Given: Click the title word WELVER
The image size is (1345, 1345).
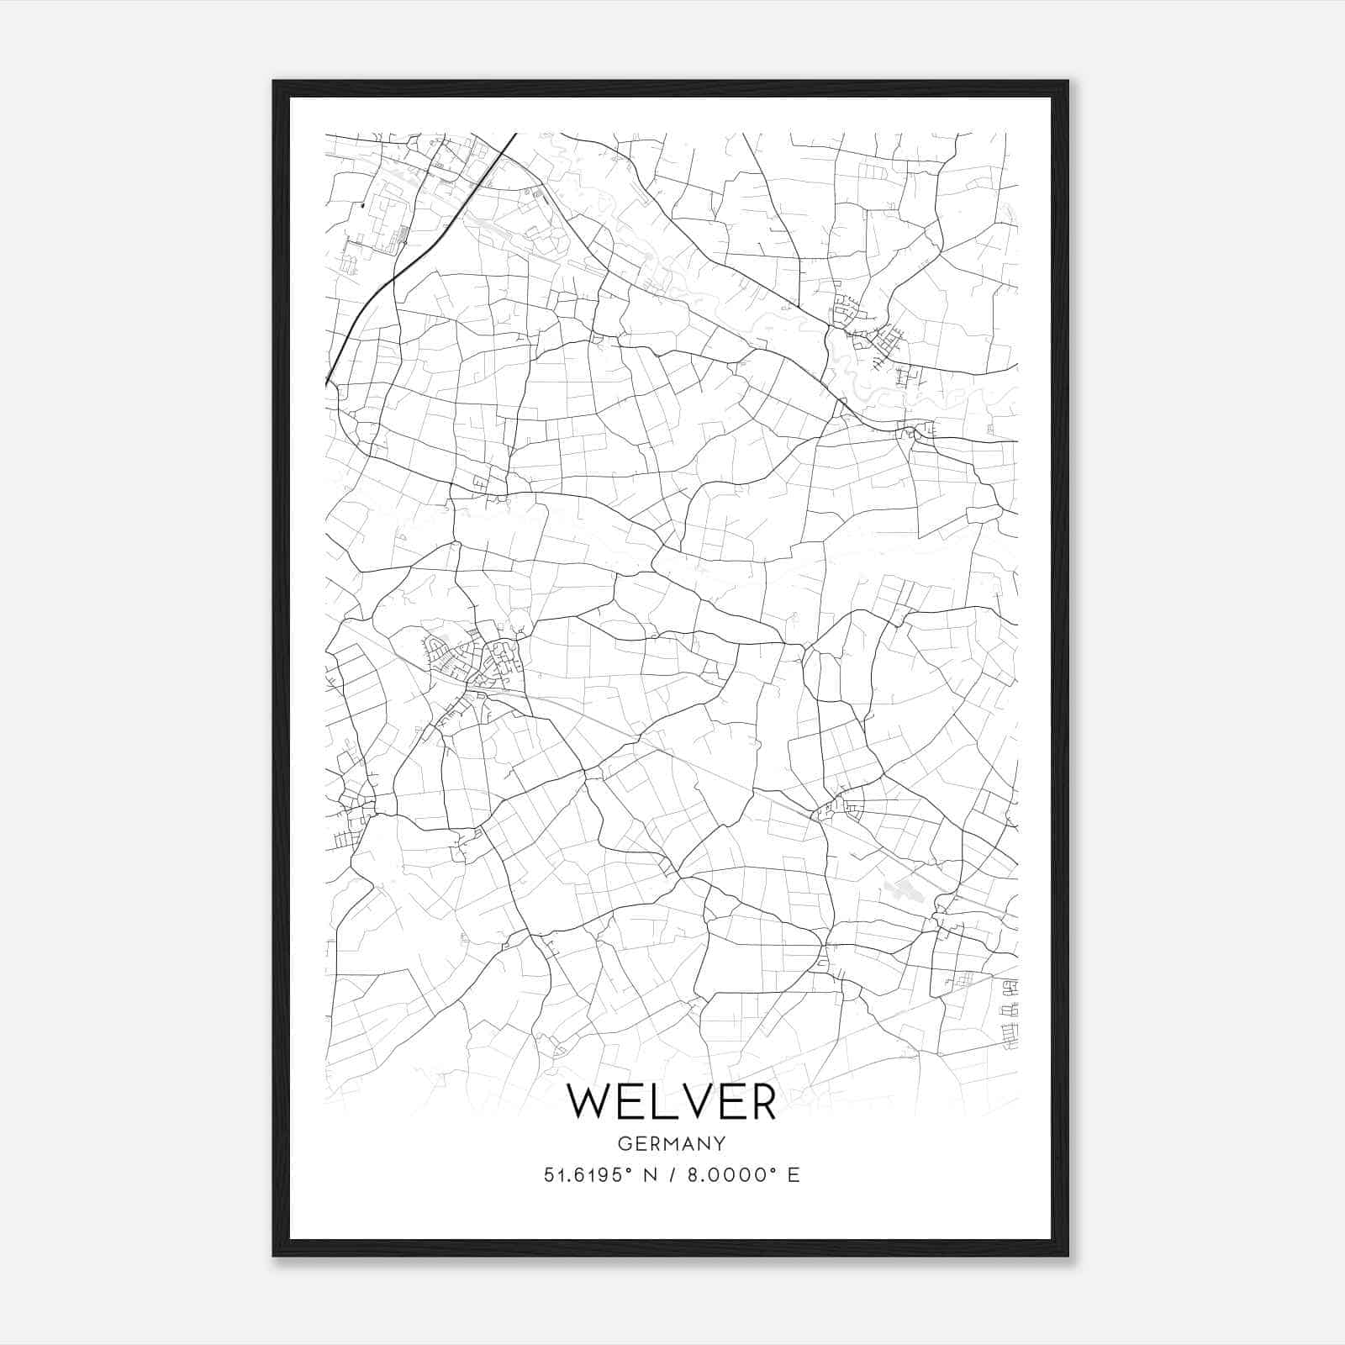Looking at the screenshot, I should (x=672, y=1101).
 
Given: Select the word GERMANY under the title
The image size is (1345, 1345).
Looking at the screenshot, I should (x=672, y=1144).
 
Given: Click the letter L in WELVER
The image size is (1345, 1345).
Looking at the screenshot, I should (x=662, y=1101).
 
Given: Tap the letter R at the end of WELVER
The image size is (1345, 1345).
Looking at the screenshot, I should (x=760, y=1101).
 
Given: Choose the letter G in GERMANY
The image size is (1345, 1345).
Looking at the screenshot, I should (x=624, y=1144).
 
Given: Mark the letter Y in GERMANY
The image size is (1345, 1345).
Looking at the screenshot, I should (x=720, y=1144).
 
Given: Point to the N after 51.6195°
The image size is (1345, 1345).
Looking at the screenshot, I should (x=649, y=1175).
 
